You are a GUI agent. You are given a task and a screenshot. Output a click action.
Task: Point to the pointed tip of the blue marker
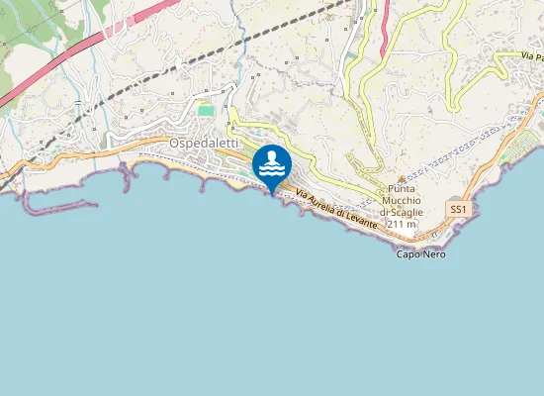click(272, 194)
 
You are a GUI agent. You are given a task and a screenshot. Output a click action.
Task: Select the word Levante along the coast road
click(362, 222)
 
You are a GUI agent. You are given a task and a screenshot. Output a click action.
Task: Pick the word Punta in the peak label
click(401, 189)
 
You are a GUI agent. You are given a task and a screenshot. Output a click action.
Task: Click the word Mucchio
click(401, 201)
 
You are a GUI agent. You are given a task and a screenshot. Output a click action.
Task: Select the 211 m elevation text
click(401, 225)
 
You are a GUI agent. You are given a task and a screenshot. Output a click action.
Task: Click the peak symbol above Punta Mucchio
click(401, 178)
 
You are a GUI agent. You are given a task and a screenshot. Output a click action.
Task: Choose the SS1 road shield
click(457, 210)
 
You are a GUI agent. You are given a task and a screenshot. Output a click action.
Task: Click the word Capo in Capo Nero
click(408, 254)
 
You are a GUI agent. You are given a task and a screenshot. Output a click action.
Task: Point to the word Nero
click(434, 254)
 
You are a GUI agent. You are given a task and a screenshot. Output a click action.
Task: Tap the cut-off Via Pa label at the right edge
click(528, 57)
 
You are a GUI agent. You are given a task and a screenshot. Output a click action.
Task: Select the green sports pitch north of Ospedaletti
click(206, 110)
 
